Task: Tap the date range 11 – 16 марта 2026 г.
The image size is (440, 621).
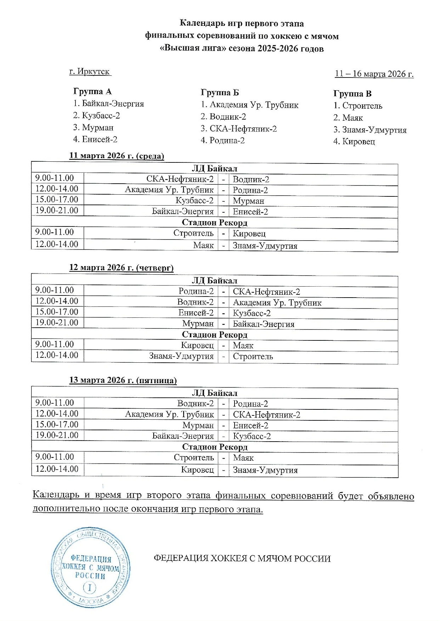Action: pyautogui.click(x=374, y=74)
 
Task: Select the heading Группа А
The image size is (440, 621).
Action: pyautogui.click(x=92, y=91)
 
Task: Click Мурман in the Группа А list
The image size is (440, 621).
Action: pyautogui.click(x=97, y=127)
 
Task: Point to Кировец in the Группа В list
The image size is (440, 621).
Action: pyautogui.click(x=358, y=142)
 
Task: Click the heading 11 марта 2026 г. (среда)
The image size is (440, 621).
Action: pyautogui.click(x=117, y=156)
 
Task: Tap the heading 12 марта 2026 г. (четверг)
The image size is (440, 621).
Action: pyautogui.click(x=121, y=268)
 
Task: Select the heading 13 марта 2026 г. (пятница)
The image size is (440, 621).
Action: pyautogui.click(x=123, y=380)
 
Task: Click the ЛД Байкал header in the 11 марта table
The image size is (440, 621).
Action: pyautogui.click(x=214, y=169)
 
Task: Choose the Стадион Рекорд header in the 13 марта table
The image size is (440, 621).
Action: pyautogui.click(x=215, y=447)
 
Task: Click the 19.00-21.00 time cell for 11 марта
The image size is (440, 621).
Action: pyautogui.click(x=57, y=211)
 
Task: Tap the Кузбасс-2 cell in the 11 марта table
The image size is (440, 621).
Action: pyautogui.click(x=194, y=201)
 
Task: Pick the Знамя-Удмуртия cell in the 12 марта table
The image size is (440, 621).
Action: pyautogui.click(x=181, y=356)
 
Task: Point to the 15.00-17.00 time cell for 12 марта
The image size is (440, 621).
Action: pyautogui.click(x=57, y=312)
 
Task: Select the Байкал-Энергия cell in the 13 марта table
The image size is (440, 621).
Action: pyautogui.click(x=183, y=436)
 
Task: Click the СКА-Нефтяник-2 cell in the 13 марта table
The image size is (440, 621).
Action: pyautogui.click(x=266, y=415)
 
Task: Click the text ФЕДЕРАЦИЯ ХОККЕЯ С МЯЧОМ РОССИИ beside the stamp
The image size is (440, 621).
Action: pyautogui.click(x=242, y=558)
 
